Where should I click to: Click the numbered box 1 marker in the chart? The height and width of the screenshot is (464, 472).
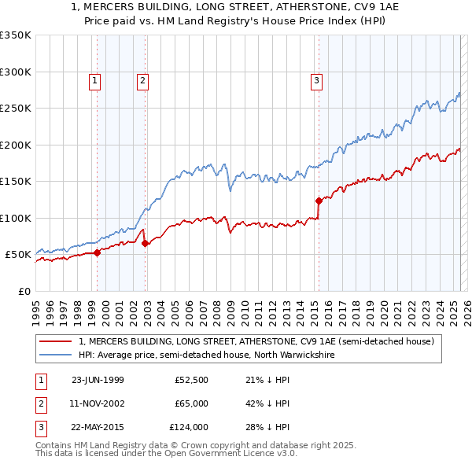pyautogui.click(x=94, y=79)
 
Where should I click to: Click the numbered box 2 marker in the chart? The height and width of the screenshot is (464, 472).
pyautogui.click(x=142, y=79)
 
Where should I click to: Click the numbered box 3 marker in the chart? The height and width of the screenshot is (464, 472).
pyautogui.click(x=316, y=79)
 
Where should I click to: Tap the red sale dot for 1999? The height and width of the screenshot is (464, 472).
pyautogui.click(x=98, y=252)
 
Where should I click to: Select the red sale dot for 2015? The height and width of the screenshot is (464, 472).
pyautogui.click(x=319, y=201)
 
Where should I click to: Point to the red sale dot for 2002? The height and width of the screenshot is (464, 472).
pyautogui.click(x=146, y=244)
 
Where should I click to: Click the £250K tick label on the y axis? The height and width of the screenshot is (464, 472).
pyautogui.click(x=16, y=109)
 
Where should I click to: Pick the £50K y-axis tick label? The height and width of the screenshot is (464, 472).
pyautogui.click(x=18, y=255)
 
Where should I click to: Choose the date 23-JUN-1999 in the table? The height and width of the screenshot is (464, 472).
pyautogui.click(x=98, y=381)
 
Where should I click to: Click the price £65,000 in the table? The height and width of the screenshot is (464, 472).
pyautogui.click(x=191, y=403)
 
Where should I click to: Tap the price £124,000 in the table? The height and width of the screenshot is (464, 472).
pyautogui.click(x=189, y=427)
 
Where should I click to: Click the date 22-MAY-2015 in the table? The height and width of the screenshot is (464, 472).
pyautogui.click(x=98, y=427)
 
